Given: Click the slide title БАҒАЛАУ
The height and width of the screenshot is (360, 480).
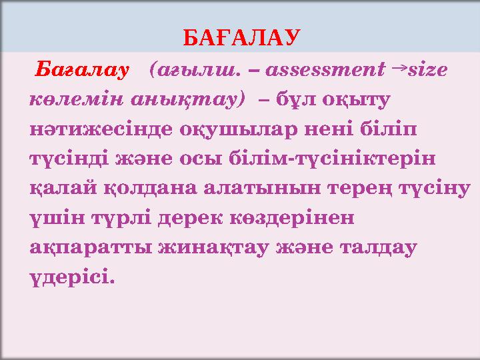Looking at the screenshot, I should (x=242, y=36).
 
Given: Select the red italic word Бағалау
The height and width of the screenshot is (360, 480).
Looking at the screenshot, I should (x=81, y=69).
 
